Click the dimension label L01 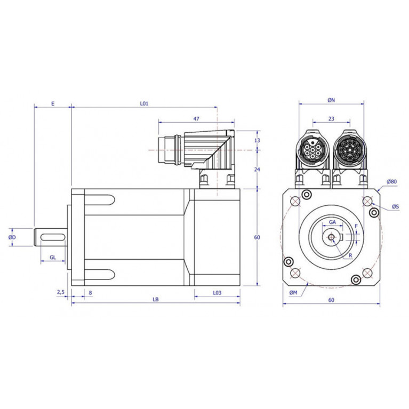pos(144,103)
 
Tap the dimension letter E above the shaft pos(53,103)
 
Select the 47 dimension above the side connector pos(196,119)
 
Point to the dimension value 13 pos(257,140)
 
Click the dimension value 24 pos(257,169)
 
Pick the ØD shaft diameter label pos(12,237)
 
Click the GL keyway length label pos(53,257)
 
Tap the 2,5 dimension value pos(60,292)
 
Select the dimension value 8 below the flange pos(90,293)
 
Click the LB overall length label pos(156,299)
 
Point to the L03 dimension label pos(217,293)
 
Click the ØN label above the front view pos(331,100)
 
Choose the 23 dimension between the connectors pos(331,119)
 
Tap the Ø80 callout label pos(392,181)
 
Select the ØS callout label pos(396,206)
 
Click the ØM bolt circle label pos(293,293)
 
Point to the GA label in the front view pos(332,222)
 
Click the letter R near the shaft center pos(350,255)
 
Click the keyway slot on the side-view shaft pos(53,237)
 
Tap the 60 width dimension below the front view pos(331,300)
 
